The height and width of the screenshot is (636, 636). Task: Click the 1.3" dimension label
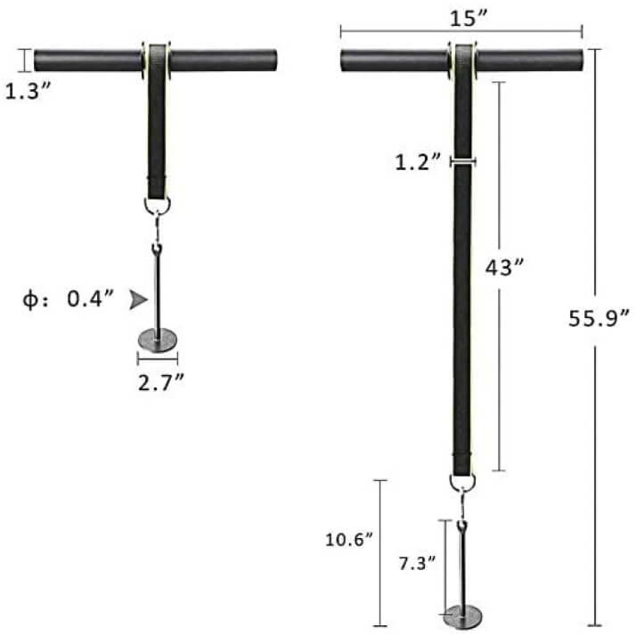point(25,90)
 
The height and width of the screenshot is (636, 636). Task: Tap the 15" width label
point(461,16)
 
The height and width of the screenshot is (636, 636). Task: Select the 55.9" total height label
point(599,318)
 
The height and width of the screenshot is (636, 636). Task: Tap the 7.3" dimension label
point(416,562)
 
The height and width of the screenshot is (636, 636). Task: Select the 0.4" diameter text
point(89,299)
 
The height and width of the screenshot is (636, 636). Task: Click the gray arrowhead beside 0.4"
point(137,300)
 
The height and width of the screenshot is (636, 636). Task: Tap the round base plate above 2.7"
point(158,338)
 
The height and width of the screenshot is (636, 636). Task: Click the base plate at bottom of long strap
point(463,614)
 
